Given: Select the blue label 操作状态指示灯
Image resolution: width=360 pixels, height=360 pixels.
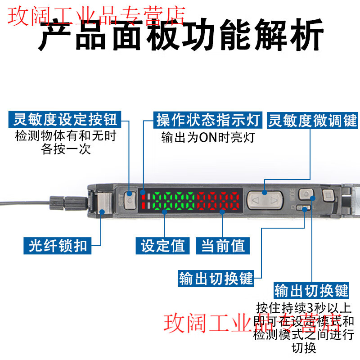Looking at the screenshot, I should pos(208,120).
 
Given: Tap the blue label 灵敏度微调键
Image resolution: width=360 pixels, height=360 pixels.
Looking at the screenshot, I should pos(312,120).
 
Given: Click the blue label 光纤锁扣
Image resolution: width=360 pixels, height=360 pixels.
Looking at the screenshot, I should pos(58,246).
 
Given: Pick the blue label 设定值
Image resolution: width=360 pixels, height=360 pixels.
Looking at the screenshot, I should pos(163,246).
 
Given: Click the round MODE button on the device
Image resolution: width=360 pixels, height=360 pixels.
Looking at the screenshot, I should pos(306,194).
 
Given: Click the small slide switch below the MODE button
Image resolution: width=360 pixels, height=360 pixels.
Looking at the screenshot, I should pos(306,208).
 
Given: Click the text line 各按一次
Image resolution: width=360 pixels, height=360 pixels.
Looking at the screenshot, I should pos(66,149).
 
